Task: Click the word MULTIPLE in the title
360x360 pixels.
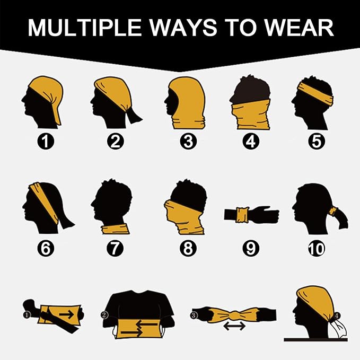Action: [x=84, y=28]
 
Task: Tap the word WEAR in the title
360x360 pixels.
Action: [x=299, y=28]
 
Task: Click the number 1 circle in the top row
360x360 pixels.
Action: [x=46, y=141]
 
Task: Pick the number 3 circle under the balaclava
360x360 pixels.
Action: [x=188, y=141]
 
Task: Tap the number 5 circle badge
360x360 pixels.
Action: [x=317, y=141]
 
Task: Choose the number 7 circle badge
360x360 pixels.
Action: [x=115, y=248]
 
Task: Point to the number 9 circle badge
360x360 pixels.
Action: [x=251, y=248]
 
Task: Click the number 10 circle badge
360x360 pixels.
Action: [x=317, y=248]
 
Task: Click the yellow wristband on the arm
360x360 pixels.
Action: [x=242, y=215]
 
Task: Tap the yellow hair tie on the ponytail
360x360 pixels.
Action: [x=332, y=212]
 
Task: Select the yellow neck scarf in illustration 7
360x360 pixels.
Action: [x=115, y=229]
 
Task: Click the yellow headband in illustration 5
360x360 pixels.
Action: [x=315, y=94]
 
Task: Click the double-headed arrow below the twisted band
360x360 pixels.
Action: [x=234, y=326]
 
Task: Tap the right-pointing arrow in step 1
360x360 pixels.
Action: [x=66, y=314]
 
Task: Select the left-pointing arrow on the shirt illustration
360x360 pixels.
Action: [x=146, y=324]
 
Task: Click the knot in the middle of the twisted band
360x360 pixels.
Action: [x=234, y=315]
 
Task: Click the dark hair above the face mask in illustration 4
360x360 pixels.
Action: [x=251, y=90]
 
